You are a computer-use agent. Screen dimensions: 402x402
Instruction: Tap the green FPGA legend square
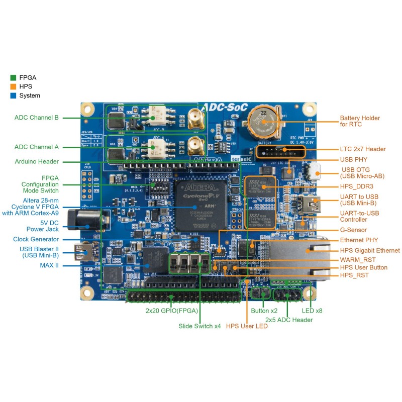pyautogui.click(x=13, y=77)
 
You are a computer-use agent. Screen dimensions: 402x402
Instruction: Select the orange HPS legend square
pyautogui.click(x=13, y=86)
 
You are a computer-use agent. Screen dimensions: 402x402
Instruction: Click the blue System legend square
pyautogui.click(x=13, y=95)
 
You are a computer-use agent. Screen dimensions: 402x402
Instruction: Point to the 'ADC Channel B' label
pyautogui.click(x=37, y=118)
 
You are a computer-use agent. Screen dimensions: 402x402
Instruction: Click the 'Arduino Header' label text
pyautogui.click(x=36, y=161)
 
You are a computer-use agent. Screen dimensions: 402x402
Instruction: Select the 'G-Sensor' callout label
pyautogui.click(x=353, y=230)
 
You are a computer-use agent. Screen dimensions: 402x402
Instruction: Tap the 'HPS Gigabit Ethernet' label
pyautogui.click(x=370, y=250)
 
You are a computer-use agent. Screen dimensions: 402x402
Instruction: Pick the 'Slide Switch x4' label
pyautogui.click(x=199, y=326)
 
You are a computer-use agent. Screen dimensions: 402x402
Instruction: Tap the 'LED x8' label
pyautogui.click(x=312, y=311)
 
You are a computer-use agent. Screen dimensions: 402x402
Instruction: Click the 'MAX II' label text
pyautogui.click(x=49, y=265)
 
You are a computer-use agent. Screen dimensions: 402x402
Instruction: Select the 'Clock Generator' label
pyautogui.click(x=37, y=239)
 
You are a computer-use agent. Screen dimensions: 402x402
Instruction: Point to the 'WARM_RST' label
pyautogui.click(x=357, y=259)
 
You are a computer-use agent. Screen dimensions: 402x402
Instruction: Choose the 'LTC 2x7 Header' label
pyautogui.click(x=363, y=149)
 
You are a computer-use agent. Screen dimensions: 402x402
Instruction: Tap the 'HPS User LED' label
pyautogui.click(x=247, y=326)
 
